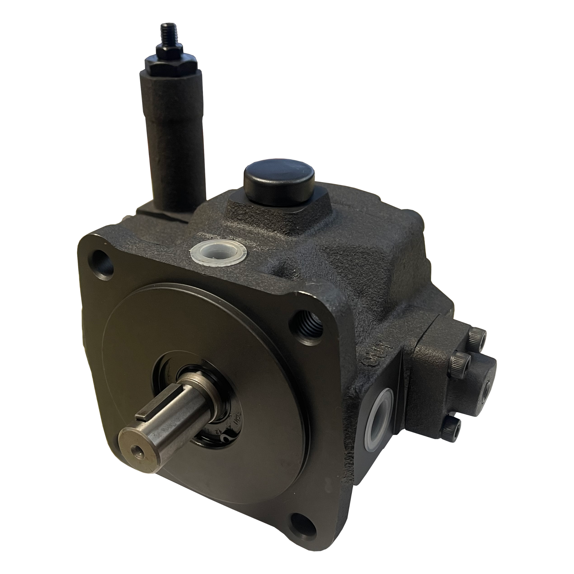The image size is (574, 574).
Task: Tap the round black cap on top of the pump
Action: click(x=279, y=181)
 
